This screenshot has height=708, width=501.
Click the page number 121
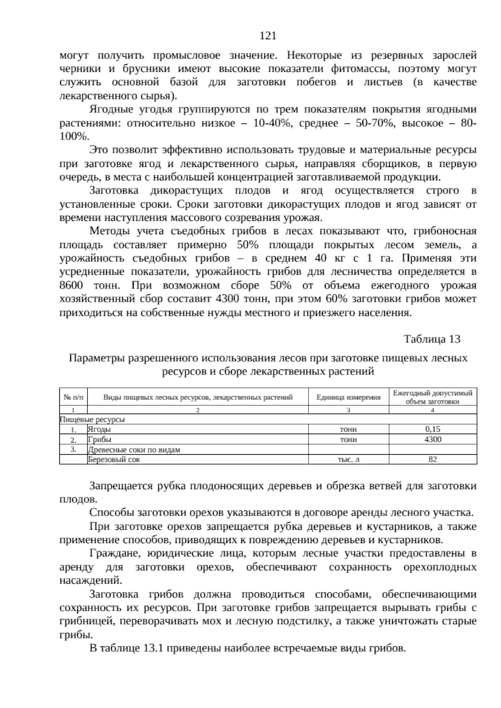click(268, 36)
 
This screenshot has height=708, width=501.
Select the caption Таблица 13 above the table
click(432, 339)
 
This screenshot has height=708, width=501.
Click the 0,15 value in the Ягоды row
click(433, 429)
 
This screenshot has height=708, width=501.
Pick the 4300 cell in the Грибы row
click(433, 439)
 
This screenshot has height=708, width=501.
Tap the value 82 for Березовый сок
click(433, 460)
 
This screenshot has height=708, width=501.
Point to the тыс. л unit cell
click(348, 460)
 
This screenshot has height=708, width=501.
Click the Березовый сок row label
click(114, 460)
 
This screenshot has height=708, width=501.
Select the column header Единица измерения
click(348, 397)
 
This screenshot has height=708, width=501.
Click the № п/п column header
click(73, 397)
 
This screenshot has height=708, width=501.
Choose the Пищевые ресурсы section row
click(93, 420)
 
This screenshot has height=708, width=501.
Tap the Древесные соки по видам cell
click(134, 450)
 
